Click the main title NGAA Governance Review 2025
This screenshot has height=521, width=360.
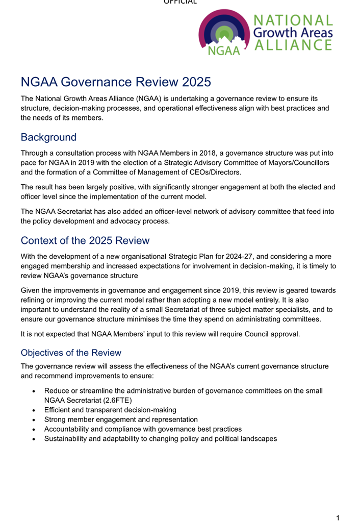click(116, 82)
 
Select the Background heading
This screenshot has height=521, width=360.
click(48, 137)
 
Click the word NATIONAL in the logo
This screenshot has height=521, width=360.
click(293, 21)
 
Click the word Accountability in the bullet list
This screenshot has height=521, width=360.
click(68, 429)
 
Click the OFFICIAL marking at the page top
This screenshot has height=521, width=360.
click(180, 2)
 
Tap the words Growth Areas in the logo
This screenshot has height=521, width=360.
click(293, 33)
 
